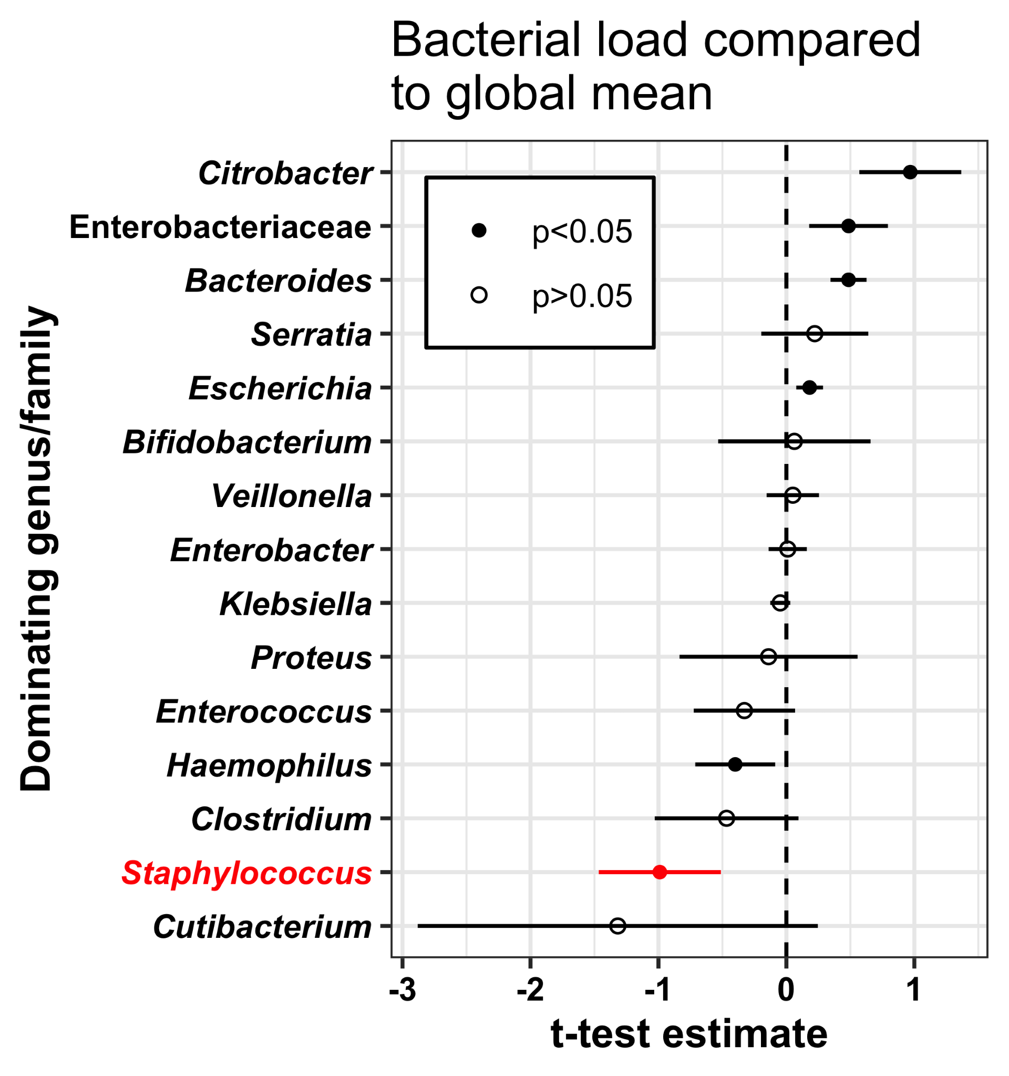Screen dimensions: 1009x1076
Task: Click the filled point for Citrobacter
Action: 910,172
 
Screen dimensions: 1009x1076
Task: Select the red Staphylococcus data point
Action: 660,872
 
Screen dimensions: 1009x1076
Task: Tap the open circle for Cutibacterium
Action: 617,926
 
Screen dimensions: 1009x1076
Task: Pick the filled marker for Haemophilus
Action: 735,764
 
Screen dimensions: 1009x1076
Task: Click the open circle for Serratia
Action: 815,334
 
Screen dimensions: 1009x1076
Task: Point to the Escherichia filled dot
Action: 809,388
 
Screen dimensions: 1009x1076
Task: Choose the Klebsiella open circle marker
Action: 779,603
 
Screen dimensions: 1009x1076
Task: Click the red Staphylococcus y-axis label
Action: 247,874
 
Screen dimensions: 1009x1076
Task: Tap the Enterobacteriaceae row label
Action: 220,227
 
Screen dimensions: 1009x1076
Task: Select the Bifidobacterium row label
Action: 248,443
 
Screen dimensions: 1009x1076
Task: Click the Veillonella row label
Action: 292,496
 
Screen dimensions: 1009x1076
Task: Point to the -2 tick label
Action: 530,990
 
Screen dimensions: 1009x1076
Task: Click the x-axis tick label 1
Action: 914,990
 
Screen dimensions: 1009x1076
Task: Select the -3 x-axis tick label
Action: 403,990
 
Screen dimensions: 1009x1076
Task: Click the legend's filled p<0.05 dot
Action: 479,231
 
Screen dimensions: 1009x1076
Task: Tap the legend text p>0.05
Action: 582,296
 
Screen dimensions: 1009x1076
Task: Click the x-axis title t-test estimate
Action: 689,1036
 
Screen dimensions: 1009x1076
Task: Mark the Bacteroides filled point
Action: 848,280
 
